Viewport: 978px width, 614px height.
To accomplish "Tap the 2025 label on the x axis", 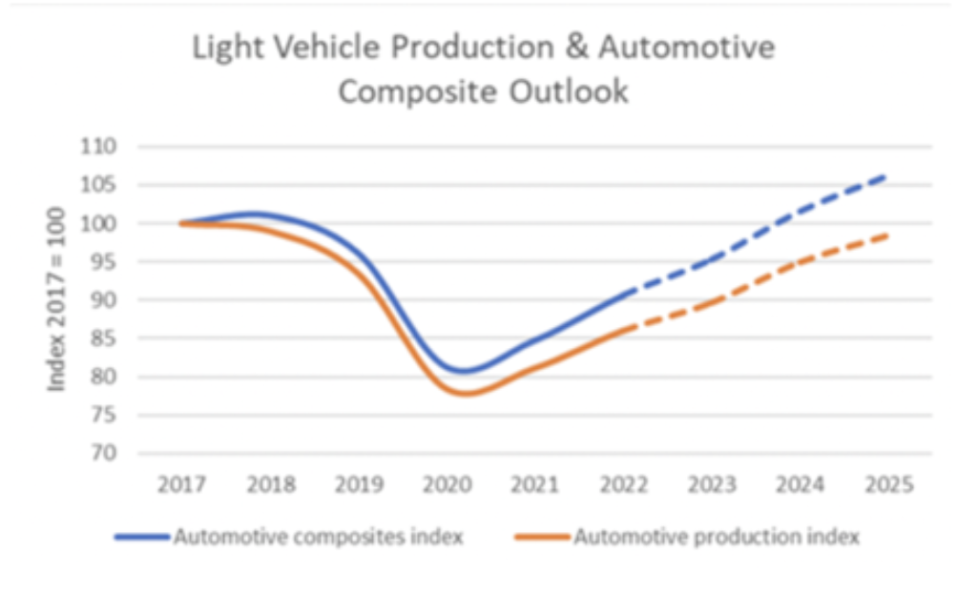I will tap(886, 484).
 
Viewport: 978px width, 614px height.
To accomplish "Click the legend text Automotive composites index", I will tap(318, 537).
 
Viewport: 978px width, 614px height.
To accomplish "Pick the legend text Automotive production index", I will tap(717, 537).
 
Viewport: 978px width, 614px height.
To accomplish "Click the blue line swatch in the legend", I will tap(142, 538).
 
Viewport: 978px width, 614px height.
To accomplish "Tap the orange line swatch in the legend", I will tap(542, 538).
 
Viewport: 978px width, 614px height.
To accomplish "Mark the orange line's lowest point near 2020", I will tap(468, 393).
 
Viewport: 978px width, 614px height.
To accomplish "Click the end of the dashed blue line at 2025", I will tap(886, 176).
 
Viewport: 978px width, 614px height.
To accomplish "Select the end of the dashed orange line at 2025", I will tap(886, 235).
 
